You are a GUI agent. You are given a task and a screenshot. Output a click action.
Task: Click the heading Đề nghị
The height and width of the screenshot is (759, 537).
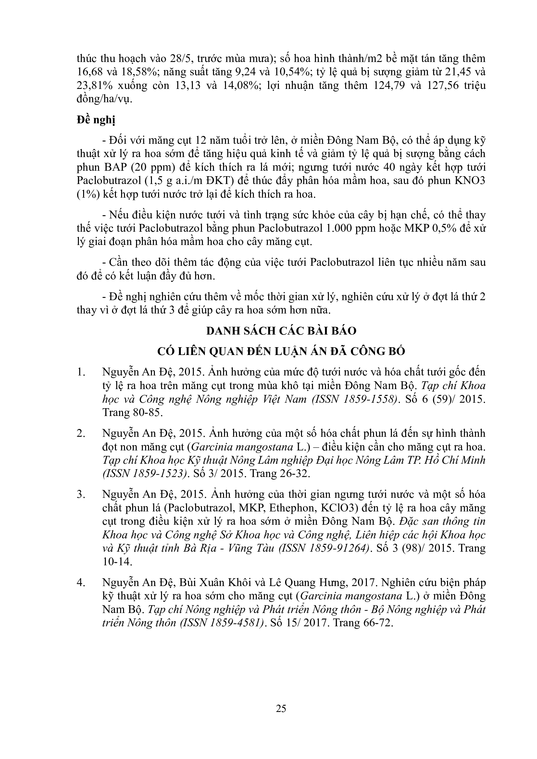(x=96, y=120)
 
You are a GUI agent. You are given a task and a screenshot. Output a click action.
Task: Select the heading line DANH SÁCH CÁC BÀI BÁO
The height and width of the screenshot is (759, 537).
(x=281, y=331)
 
